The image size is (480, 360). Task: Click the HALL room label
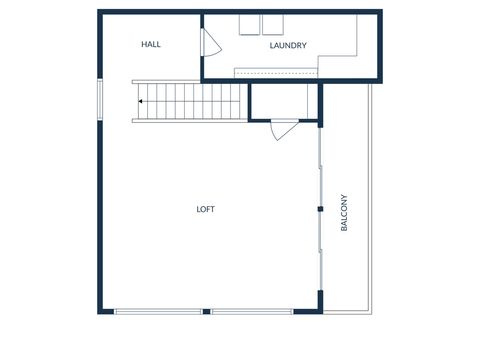(x=151, y=45)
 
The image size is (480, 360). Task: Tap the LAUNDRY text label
(x=288, y=46)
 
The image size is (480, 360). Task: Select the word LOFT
(x=205, y=209)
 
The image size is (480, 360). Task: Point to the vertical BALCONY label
(x=345, y=213)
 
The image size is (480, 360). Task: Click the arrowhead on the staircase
(x=141, y=101)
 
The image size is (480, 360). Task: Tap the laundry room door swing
(x=210, y=43)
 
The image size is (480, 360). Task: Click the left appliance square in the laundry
(x=249, y=25)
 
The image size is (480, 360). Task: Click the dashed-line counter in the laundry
(x=275, y=73)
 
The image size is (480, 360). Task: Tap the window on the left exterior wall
(x=98, y=100)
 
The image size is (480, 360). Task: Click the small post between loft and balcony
(x=320, y=209)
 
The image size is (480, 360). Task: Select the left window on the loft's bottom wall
(x=158, y=312)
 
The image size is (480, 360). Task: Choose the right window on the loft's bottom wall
(x=251, y=312)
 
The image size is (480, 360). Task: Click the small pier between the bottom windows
(x=206, y=312)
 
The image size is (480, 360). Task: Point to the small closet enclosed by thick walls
(x=283, y=101)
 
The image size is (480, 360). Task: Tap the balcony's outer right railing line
(x=372, y=200)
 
